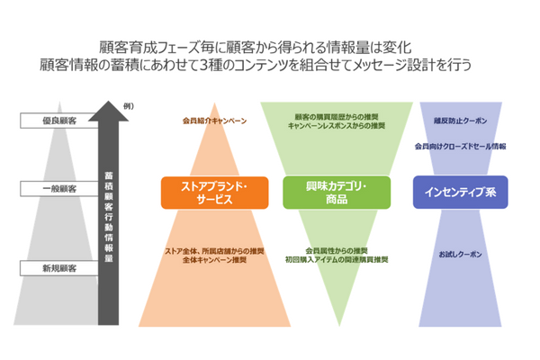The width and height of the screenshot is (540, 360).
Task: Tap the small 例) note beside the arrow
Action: (128, 107)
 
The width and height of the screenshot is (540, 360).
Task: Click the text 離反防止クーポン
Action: (459, 117)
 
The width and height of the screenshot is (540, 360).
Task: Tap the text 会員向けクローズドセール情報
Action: (459, 144)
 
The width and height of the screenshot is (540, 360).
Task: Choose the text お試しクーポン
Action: (459, 256)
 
